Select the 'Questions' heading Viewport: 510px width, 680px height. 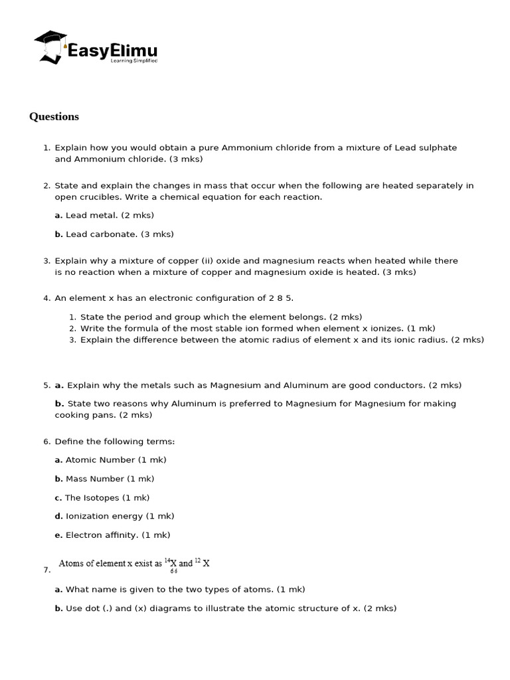pos(54,117)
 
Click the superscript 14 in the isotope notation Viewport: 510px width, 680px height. pos(167,560)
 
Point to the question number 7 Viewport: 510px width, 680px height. pos(46,570)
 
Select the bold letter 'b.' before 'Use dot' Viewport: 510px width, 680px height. pos(59,608)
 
